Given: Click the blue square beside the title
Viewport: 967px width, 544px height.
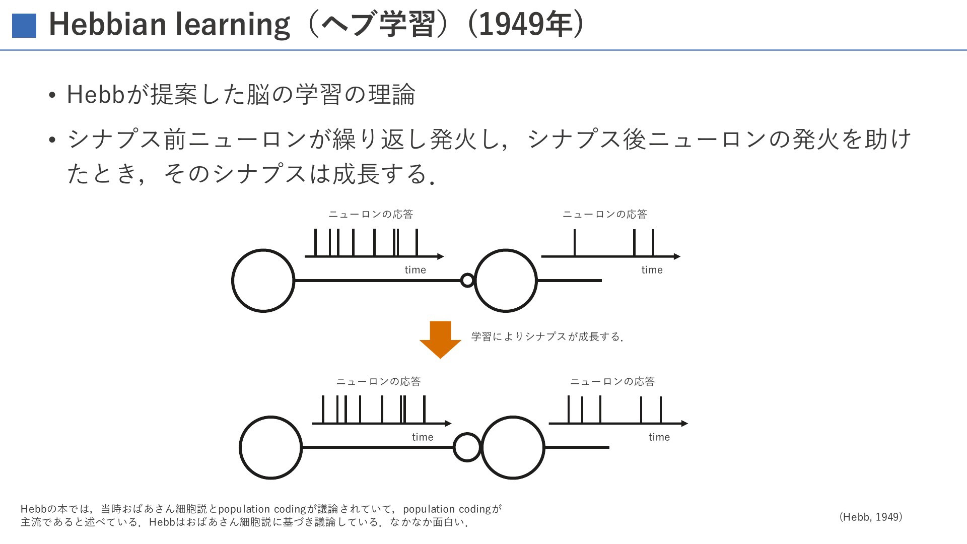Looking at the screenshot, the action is [24, 26].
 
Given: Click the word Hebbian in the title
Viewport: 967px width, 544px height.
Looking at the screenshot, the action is [107, 24].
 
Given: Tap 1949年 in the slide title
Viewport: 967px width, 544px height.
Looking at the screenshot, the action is [525, 24].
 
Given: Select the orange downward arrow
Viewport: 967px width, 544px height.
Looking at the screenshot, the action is [440, 339].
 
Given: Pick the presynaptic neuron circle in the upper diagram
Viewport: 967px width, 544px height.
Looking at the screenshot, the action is [263, 249].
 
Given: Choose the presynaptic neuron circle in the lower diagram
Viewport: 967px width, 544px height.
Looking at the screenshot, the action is [270, 417].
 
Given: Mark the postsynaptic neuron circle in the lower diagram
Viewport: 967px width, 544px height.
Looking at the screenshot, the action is [513, 417].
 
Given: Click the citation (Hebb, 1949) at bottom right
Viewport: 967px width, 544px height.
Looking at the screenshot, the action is [871, 517].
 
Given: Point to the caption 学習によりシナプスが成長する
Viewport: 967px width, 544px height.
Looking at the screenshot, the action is [547, 336].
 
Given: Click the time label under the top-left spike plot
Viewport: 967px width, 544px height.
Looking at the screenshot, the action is [415, 270].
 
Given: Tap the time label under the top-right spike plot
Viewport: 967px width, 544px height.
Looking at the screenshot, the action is [652, 270].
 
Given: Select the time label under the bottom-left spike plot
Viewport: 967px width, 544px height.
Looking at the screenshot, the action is [423, 437].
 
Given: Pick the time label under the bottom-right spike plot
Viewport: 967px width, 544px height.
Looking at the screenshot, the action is [659, 437].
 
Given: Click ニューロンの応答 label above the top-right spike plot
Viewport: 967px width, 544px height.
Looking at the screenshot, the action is [605, 214].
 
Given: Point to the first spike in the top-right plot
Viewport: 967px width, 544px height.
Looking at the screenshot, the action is [575, 243].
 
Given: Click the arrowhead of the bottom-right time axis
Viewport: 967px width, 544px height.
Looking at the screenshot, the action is [684, 424].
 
